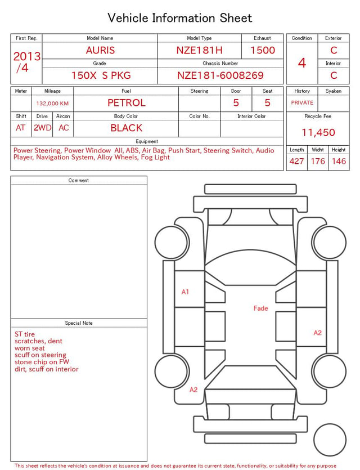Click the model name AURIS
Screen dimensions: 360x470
click(100, 50)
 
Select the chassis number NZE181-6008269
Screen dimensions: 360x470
click(220, 75)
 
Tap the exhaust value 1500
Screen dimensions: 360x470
click(263, 50)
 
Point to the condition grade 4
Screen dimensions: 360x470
click(302, 63)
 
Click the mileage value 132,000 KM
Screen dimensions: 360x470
click(52, 104)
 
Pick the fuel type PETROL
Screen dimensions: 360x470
click(127, 103)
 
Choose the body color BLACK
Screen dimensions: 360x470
click(127, 128)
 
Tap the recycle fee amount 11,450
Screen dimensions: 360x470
click(318, 132)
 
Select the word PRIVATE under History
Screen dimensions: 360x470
click(302, 102)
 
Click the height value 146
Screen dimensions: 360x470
click(339, 161)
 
